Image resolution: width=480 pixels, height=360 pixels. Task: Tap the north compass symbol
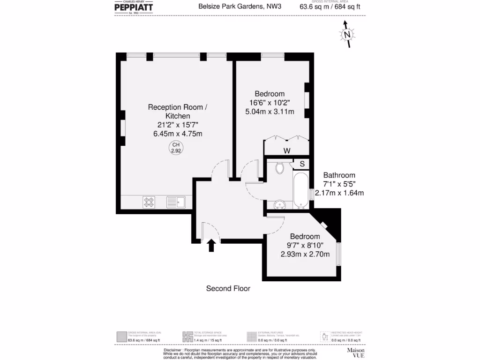[x=347, y=35]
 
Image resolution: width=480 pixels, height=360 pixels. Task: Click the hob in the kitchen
[x=149, y=202]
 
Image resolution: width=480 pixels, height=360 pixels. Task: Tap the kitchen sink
[x=176, y=202]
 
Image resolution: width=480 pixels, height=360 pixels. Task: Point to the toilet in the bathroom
[x=280, y=168]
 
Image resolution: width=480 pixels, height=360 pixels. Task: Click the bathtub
[x=301, y=191]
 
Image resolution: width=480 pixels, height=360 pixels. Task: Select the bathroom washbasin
[x=280, y=204]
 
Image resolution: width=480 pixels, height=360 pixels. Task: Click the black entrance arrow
[x=211, y=245]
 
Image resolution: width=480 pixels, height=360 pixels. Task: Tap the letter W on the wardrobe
[x=287, y=150]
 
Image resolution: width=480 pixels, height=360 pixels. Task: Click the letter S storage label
[x=302, y=164]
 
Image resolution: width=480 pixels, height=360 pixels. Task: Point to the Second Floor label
[x=228, y=289]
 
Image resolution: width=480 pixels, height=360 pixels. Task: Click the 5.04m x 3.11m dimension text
[x=270, y=112]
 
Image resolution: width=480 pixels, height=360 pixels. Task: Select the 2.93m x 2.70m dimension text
[x=305, y=254]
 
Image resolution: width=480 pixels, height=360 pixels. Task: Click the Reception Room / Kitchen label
[x=178, y=112]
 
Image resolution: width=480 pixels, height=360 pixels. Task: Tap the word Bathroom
[x=339, y=175]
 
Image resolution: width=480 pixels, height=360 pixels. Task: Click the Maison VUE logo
[x=355, y=352]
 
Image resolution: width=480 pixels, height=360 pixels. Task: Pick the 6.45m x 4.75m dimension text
[x=178, y=134]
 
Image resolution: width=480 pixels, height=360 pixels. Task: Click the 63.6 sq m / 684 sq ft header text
[x=330, y=7]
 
